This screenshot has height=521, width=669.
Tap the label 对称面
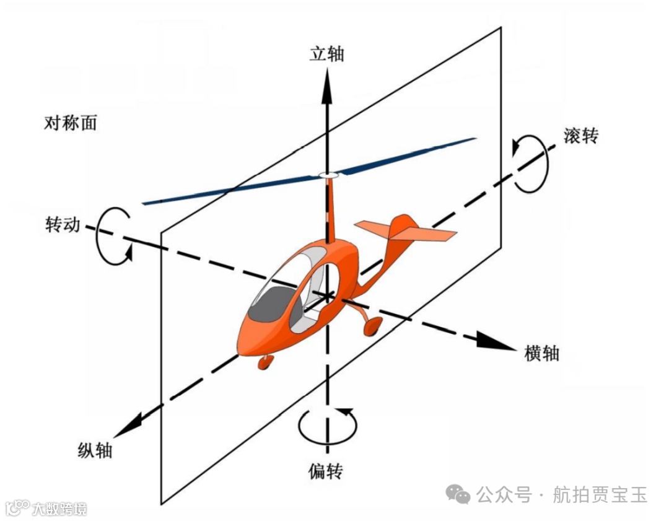[x=71, y=123]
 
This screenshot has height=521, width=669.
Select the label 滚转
[x=581, y=136]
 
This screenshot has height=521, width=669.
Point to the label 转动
[x=63, y=224]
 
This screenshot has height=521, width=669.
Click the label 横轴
[x=541, y=353]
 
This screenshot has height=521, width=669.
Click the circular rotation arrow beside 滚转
[x=531, y=164]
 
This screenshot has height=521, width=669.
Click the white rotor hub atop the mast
[x=328, y=176]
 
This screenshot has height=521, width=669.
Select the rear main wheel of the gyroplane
[x=373, y=327]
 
